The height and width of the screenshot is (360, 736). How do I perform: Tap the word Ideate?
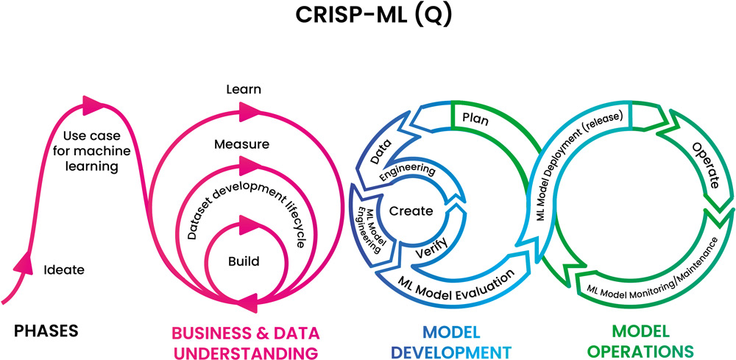[x=65, y=269]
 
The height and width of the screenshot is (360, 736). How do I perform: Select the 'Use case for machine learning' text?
[x=91, y=151]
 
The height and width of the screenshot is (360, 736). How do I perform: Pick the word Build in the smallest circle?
[x=244, y=261]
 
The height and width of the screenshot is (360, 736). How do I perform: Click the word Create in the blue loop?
[x=411, y=211]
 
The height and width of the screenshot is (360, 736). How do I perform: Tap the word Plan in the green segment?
[x=477, y=118]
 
